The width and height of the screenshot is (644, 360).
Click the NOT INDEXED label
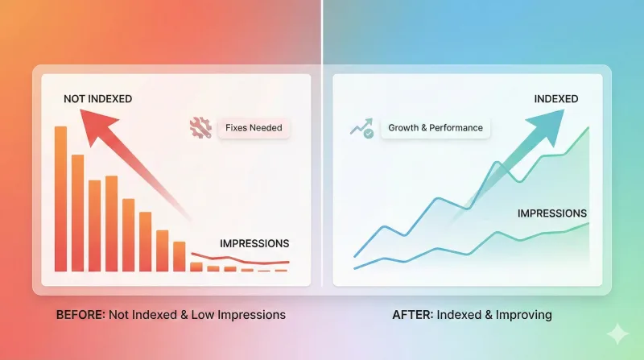pyautogui.click(x=97, y=99)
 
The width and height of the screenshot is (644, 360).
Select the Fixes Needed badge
pyautogui.click(x=254, y=127)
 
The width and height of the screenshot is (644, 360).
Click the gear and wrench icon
pyautogui.click(x=198, y=127)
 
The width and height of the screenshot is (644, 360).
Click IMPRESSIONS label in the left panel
pyautogui.click(x=254, y=243)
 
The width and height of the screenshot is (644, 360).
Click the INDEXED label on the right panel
pyautogui.click(x=555, y=99)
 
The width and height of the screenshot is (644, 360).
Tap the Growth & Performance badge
pyautogui.click(x=435, y=128)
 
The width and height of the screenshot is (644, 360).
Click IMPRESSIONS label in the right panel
pyautogui.click(x=551, y=213)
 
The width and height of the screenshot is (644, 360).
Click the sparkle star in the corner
pyautogui.click(x=618, y=333)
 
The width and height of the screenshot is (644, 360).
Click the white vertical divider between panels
pyautogui.click(x=322, y=161)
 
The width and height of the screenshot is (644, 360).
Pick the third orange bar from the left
pyautogui.click(x=95, y=225)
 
